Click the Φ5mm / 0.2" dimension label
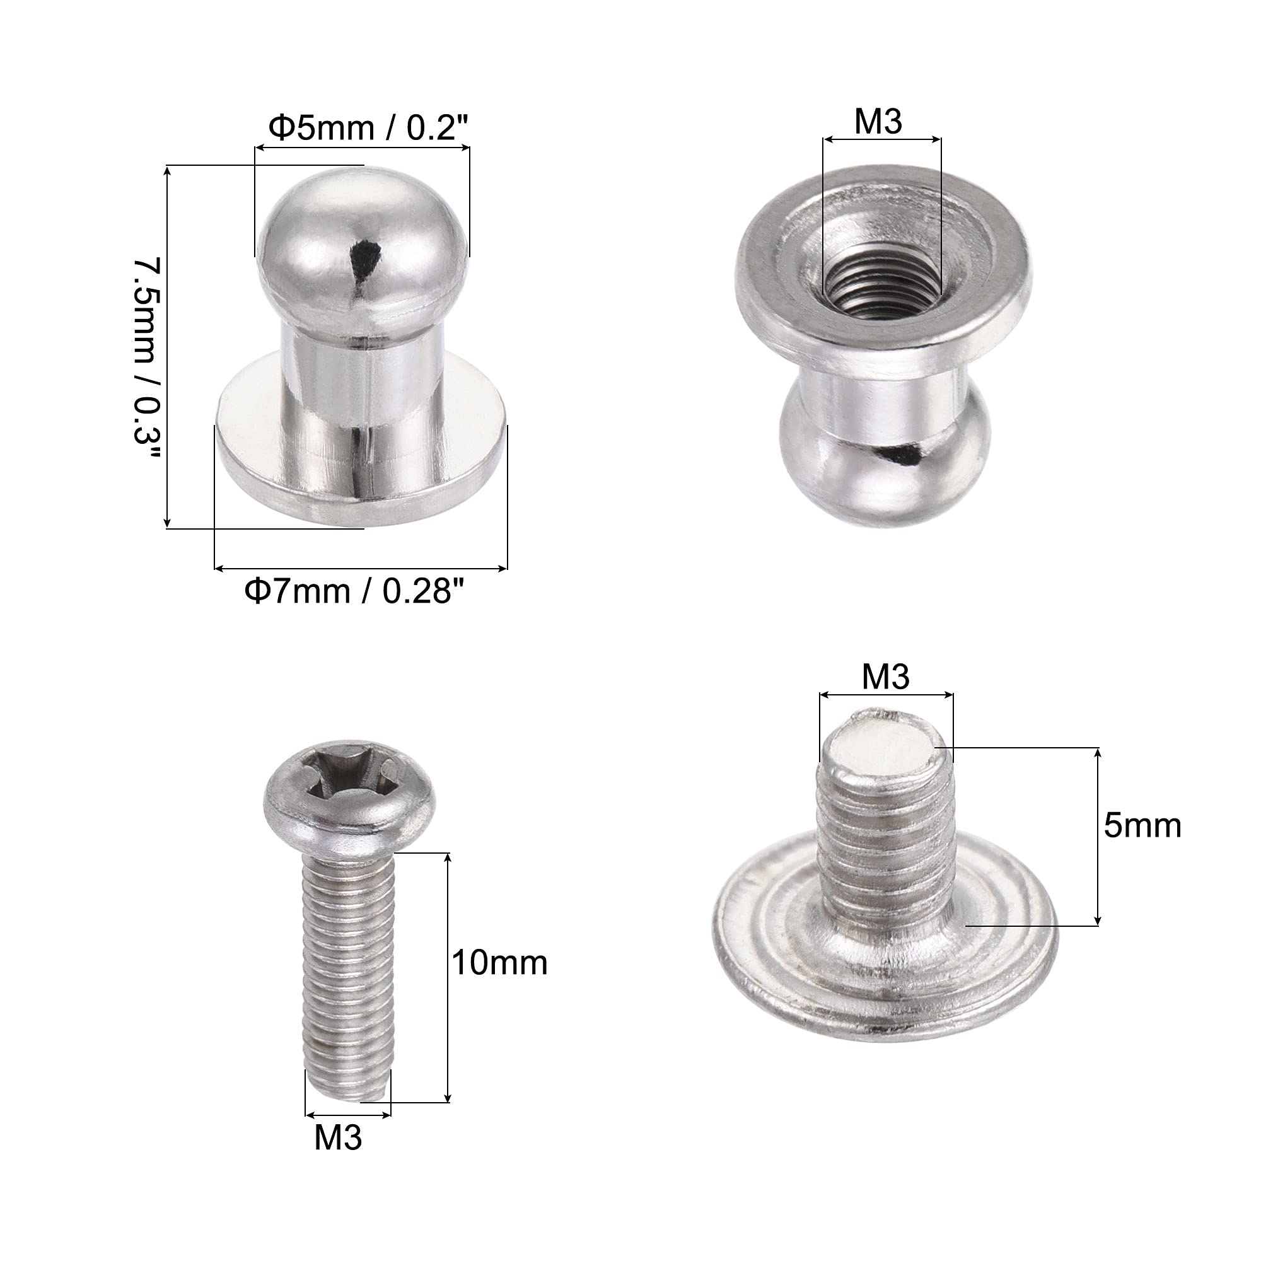click(x=369, y=128)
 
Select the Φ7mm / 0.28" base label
click(x=356, y=591)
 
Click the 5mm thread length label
click(x=1143, y=826)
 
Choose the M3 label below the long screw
click(x=338, y=1137)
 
